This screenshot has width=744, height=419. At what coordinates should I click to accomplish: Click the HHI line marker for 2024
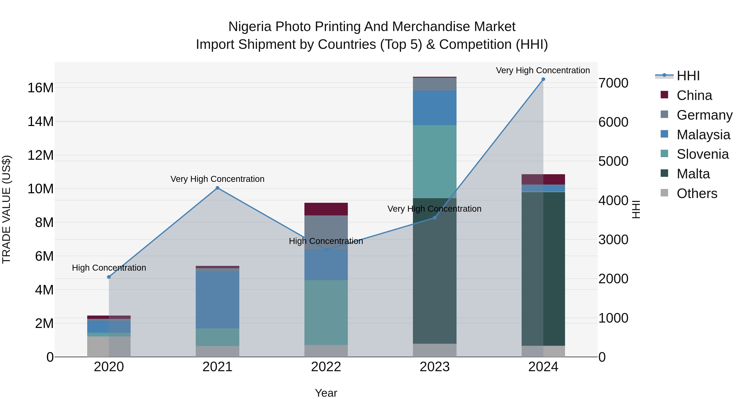tap(543, 79)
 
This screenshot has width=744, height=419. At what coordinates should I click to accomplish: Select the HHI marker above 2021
tap(217, 188)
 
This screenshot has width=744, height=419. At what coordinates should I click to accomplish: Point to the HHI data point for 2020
tap(109, 277)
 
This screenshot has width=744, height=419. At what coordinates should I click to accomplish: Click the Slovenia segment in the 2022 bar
tap(326, 312)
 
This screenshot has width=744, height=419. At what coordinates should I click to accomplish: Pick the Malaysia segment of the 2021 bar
tap(217, 300)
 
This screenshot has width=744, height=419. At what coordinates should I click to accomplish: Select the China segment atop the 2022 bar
tap(326, 209)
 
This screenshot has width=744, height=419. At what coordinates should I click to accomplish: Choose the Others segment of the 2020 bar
tap(109, 346)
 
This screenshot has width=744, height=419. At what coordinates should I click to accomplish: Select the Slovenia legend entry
tap(702, 154)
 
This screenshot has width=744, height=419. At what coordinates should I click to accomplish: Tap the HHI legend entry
tap(688, 76)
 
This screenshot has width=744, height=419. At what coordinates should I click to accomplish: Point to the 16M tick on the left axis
tap(41, 88)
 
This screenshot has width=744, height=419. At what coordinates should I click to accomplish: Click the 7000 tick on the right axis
tap(613, 83)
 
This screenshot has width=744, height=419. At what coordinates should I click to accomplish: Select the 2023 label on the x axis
tap(435, 367)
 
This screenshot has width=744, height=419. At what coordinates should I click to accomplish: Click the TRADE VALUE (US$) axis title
tap(6, 209)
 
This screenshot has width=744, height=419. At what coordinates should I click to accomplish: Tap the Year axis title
tap(326, 393)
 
